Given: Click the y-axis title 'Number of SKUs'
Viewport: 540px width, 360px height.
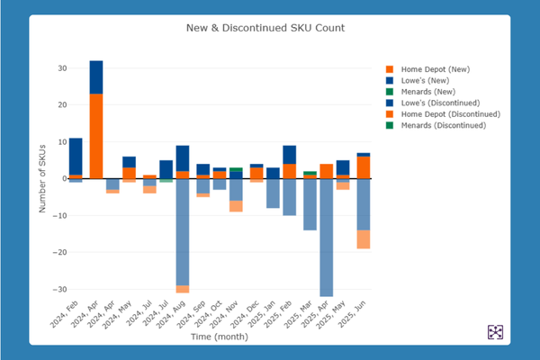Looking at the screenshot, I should [42, 178].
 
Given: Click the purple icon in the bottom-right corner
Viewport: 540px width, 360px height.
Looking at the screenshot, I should [495, 332].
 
